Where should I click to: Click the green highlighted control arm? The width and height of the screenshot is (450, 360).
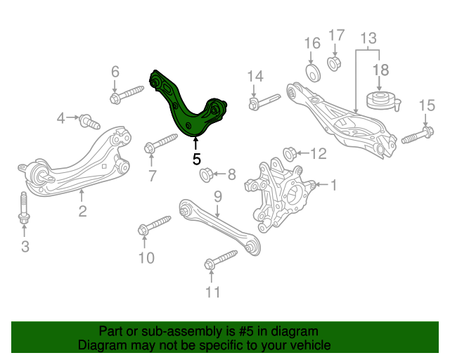point(184,115)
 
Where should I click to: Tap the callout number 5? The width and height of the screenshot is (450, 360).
point(196,159)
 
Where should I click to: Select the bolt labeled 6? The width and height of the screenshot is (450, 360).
point(127,94)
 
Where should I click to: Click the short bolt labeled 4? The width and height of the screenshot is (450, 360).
point(89,122)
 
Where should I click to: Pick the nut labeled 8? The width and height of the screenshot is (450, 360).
point(206,175)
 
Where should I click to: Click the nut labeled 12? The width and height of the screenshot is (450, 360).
point(290,154)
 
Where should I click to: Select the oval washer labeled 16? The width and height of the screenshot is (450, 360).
point(312,73)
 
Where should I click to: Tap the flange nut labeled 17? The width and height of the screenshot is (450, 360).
point(334,64)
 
